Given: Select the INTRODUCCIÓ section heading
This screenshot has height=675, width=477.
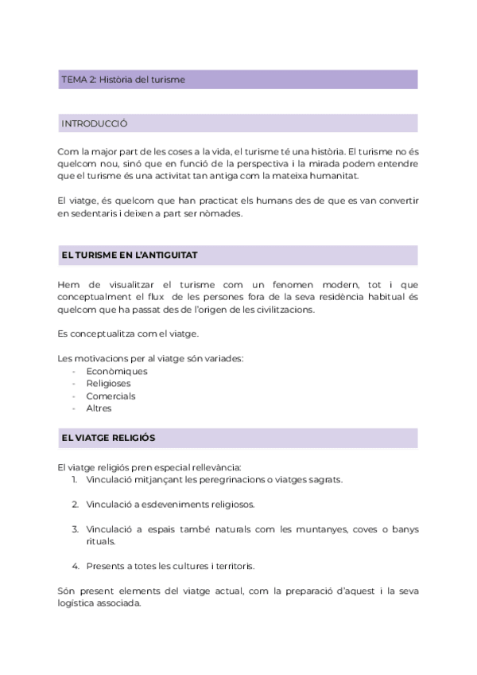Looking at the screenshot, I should click(94, 123).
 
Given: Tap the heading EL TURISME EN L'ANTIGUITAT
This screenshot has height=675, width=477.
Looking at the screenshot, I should click(129, 255).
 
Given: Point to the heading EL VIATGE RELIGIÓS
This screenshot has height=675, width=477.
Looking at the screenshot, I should click(107, 438).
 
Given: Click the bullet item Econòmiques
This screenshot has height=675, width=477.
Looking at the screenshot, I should click(116, 371).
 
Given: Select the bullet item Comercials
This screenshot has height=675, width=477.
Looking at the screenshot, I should click(111, 396).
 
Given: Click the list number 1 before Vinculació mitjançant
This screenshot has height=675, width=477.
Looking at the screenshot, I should click(73, 479).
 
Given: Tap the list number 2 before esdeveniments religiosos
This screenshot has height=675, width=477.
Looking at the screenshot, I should click(74, 505).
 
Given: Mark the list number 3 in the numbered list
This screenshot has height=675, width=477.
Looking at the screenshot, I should click(74, 529).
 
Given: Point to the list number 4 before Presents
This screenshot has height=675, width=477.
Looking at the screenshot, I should click(74, 567).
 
